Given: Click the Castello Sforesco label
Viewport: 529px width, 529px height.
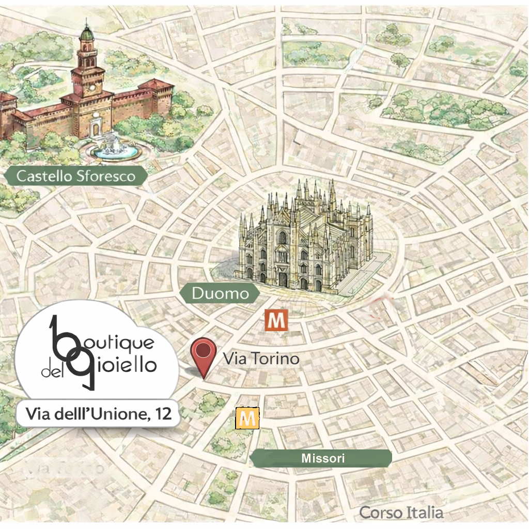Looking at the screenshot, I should point(75,176).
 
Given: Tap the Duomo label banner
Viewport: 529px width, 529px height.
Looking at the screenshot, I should point(220,294).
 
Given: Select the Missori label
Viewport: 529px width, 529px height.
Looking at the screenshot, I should point(322,458).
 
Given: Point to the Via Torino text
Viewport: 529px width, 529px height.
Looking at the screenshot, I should point(261,359).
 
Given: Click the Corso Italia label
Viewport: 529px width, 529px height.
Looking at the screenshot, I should point(401,512).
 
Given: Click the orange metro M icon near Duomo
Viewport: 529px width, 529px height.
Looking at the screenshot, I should point(275,321).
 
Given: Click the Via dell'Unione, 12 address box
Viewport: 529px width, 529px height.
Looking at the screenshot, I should point(99,413).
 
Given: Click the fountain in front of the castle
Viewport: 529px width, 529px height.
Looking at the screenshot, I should point(115,150).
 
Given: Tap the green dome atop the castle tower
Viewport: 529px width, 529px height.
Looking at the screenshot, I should point(87,35).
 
